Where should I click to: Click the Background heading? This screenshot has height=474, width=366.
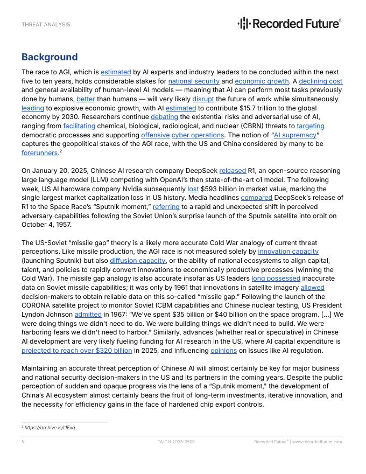pyautogui.click(x=50, y=57)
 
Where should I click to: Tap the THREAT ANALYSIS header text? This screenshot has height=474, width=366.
pyautogui.click(x=46, y=25)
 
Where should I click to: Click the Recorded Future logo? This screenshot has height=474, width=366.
pyautogui.click(x=290, y=23)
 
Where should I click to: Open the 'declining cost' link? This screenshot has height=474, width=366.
pyautogui.click(x=321, y=81)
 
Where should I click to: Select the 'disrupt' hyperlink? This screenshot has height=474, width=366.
pyautogui.click(x=203, y=99)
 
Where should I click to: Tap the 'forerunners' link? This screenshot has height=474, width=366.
pyautogui.click(x=39, y=153)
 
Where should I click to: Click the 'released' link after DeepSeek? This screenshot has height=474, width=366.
pyautogui.click(x=233, y=171)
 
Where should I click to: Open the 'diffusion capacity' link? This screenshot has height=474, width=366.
pyautogui.click(x=138, y=261)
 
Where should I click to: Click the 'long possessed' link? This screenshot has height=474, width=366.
pyautogui.click(x=276, y=278)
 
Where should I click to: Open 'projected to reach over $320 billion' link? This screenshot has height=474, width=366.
pyautogui.click(x=76, y=351)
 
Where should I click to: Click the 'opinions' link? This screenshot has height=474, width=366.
pyautogui.click(x=223, y=351)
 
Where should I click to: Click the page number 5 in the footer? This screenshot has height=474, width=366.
pyautogui.click(x=23, y=442)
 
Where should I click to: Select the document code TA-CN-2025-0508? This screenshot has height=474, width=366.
pyautogui.click(x=176, y=442)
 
